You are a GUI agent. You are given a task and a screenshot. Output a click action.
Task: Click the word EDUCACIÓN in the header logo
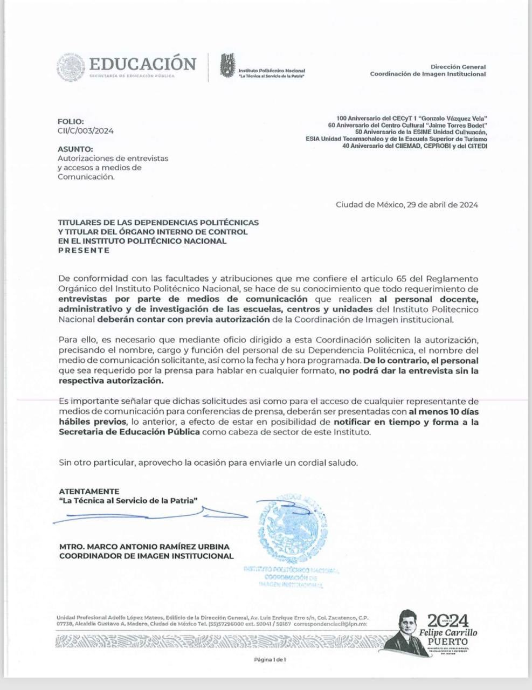click(142, 64)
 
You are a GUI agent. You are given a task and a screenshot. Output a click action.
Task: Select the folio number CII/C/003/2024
click(86, 130)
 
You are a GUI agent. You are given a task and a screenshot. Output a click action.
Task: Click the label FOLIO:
click(71, 122)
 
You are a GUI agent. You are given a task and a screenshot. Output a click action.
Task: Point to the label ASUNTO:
click(75, 149)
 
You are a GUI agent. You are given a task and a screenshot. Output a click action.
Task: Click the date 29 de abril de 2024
click(441, 204)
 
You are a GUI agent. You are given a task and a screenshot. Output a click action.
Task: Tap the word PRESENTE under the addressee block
click(84, 250)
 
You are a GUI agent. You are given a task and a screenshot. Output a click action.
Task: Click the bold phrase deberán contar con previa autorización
click(183, 319)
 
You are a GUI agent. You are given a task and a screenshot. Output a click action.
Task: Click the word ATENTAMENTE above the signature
click(89, 491)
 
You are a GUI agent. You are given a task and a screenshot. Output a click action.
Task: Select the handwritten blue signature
click(151, 515)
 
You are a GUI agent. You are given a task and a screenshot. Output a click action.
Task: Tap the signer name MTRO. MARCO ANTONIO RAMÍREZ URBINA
click(144, 547)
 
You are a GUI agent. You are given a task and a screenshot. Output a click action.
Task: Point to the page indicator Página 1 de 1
click(270, 659)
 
